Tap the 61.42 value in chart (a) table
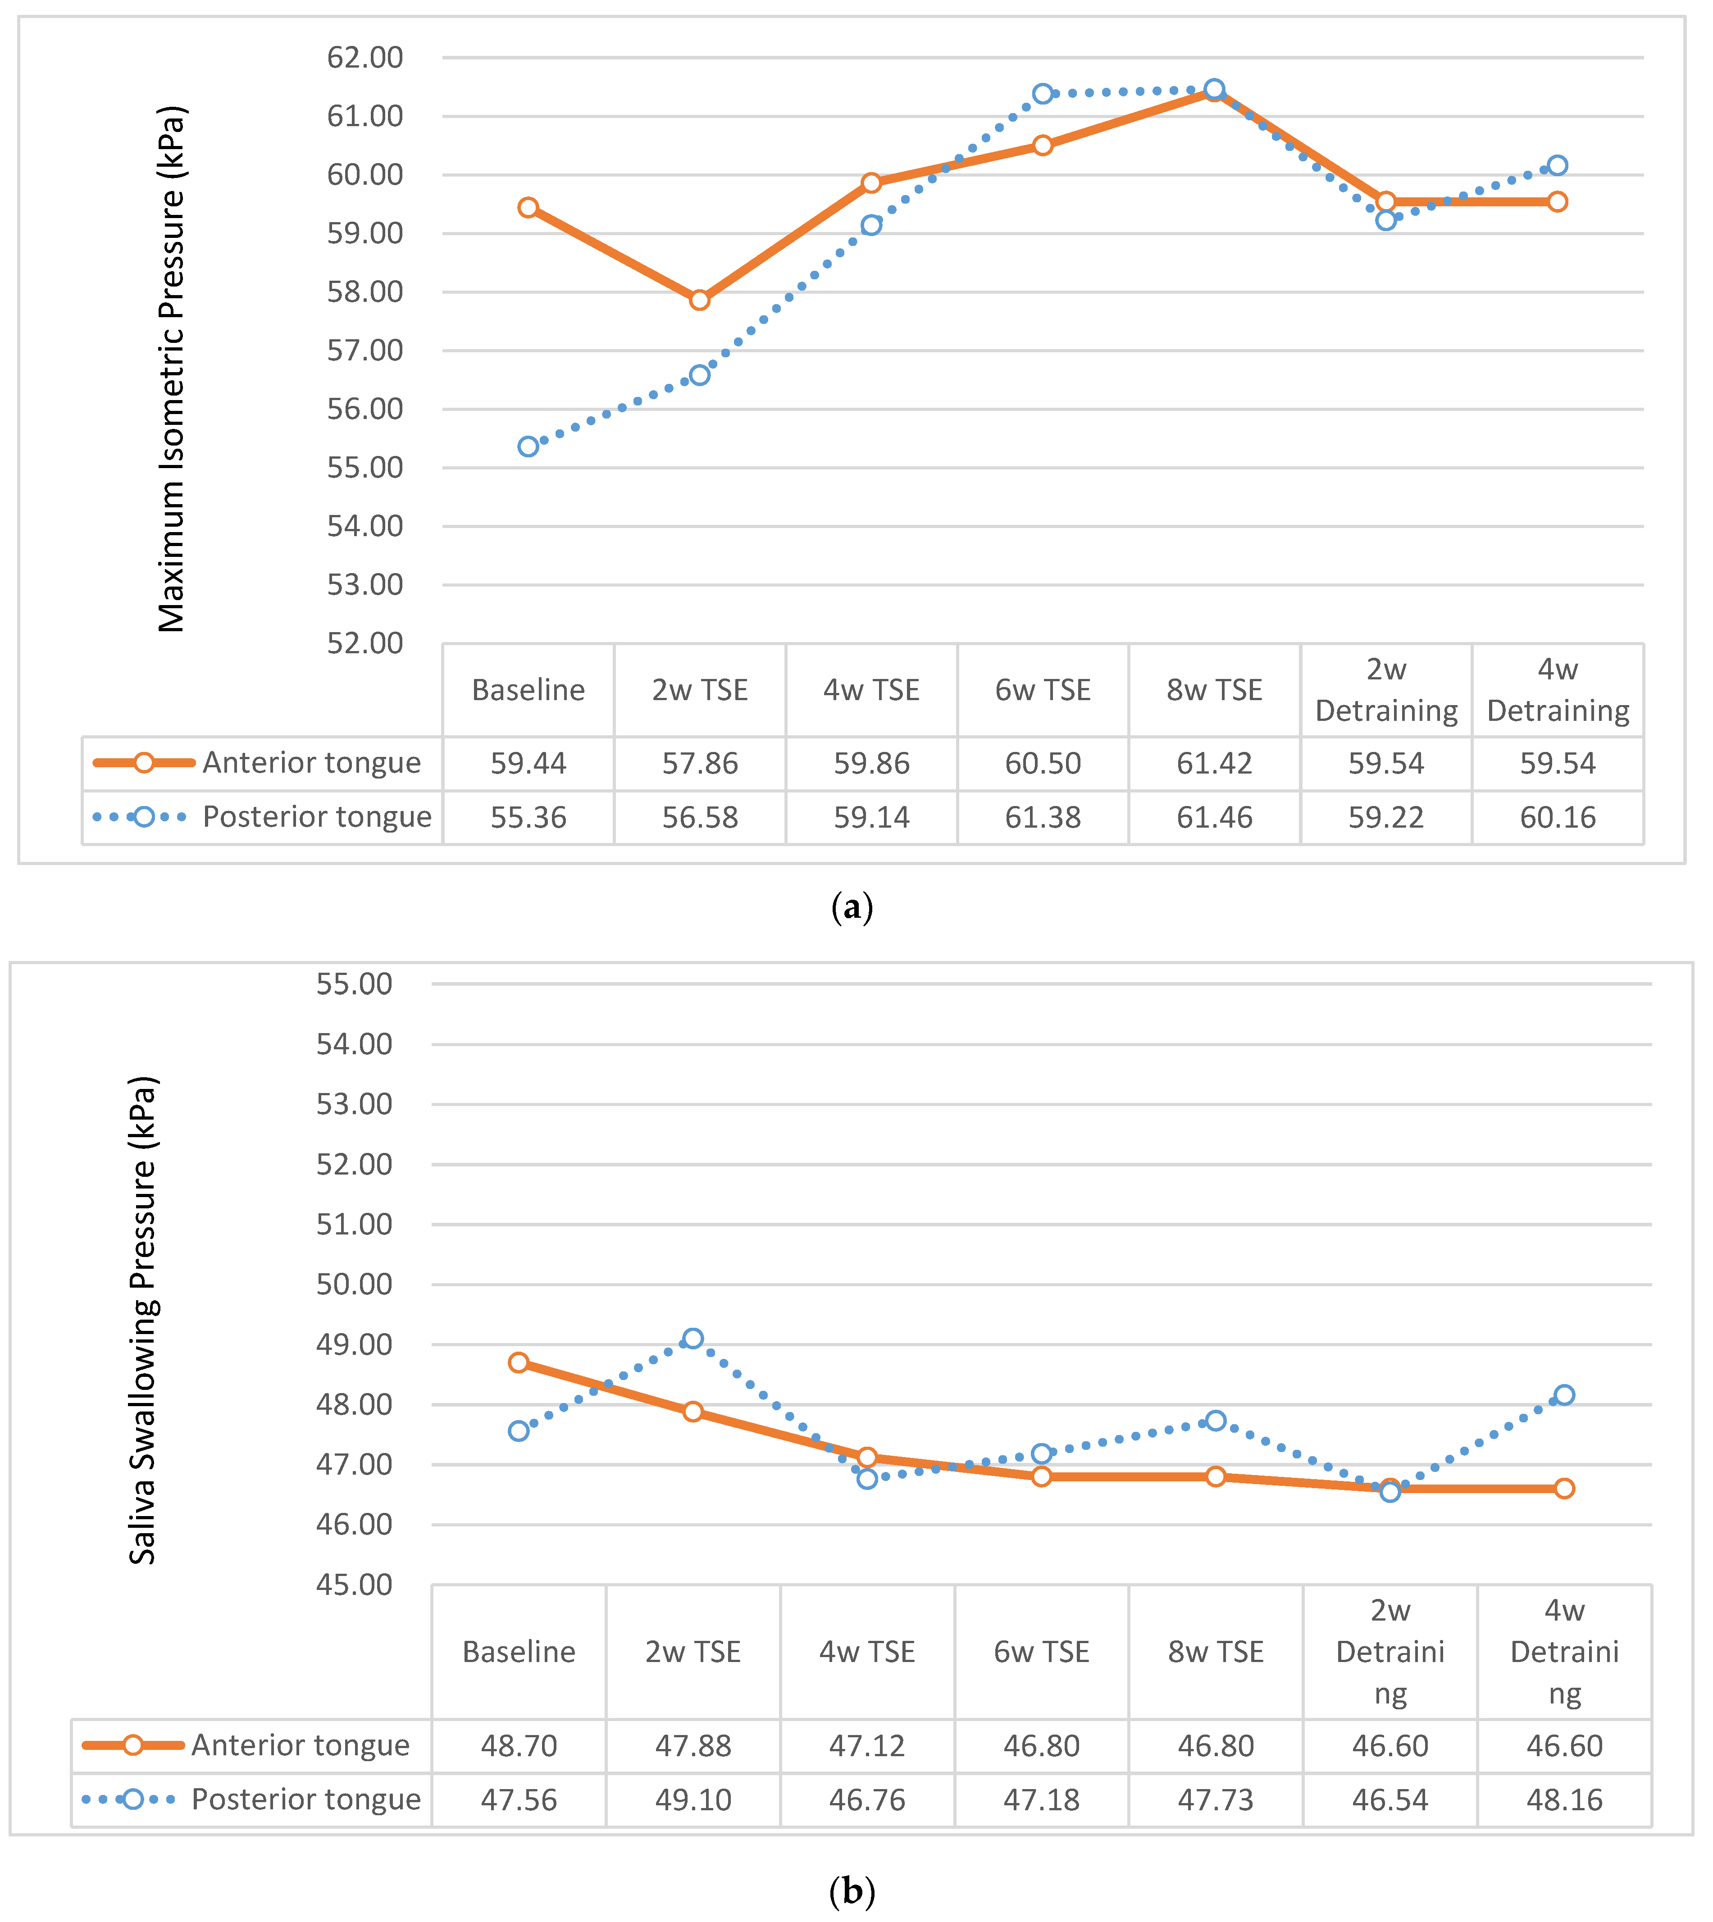pos(1214,763)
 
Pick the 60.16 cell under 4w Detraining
pos(1558,817)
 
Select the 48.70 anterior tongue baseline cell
pos(519,1746)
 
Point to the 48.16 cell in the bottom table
pos(1564,1799)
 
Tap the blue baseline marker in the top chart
pos(528,446)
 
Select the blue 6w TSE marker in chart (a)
pos(1043,93)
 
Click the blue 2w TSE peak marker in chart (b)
pos(693,1339)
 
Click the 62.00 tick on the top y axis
pos(365,57)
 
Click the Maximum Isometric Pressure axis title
pos(172,369)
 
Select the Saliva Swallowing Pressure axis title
pos(143,1320)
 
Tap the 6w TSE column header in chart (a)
pos(1043,690)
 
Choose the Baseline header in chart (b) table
pos(519,1652)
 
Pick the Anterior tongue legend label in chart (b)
pos(300,1746)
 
